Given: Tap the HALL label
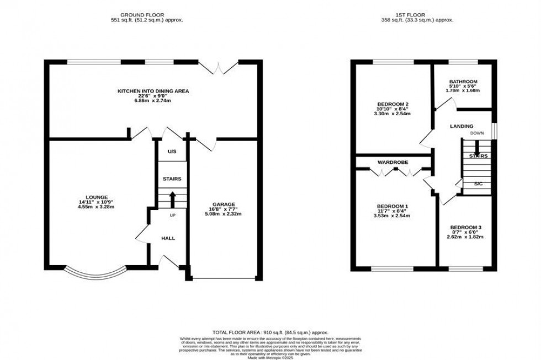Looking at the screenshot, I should pyautogui.click(x=168, y=238).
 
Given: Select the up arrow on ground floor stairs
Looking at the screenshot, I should pyautogui.click(x=172, y=197).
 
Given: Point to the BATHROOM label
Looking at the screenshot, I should pyautogui.click(x=463, y=82).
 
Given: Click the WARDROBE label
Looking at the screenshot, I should pyautogui.click(x=393, y=163).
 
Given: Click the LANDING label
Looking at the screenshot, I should pyautogui.click(x=461, y=126).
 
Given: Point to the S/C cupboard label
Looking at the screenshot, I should pyautogui.click(x=478, y=184).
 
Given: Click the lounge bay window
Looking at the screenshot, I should pyautogui.click(x=96, y=273).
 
